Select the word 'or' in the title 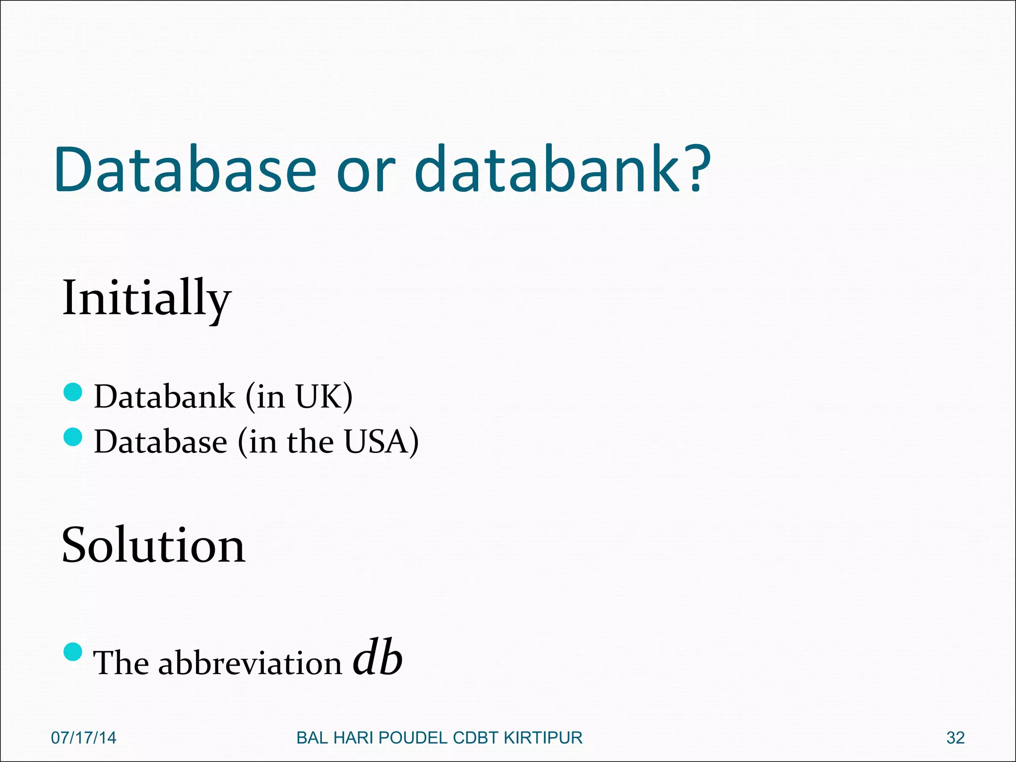[x=366, y=174]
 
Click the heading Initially [x=146, y=299]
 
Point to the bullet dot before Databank [x=73, y=392]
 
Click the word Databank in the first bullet [x=165, y=396]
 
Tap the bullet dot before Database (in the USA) [x=73, y=437]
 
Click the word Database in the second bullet [x=161, y=441]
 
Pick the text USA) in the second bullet [x=381, y=441]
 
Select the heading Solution [x=153, y=545]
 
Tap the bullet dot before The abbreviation [x=73, y=652]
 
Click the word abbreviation [x=250, y=663]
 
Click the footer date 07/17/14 [x=84, y=738]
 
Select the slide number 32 [x=955, y=738]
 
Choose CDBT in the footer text [x=476, y=738]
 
